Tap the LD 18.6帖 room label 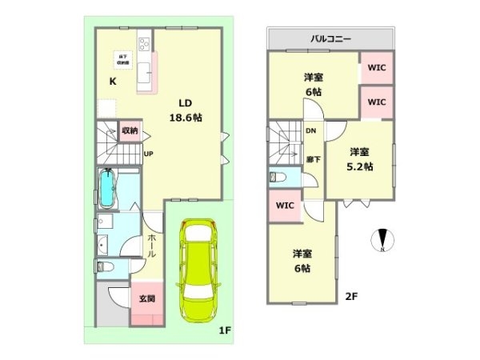185,110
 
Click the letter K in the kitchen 113,81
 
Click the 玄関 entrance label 147,299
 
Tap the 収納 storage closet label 130,130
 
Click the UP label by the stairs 148,154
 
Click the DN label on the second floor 310,131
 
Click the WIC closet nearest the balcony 377,68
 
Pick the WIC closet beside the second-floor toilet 286,205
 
